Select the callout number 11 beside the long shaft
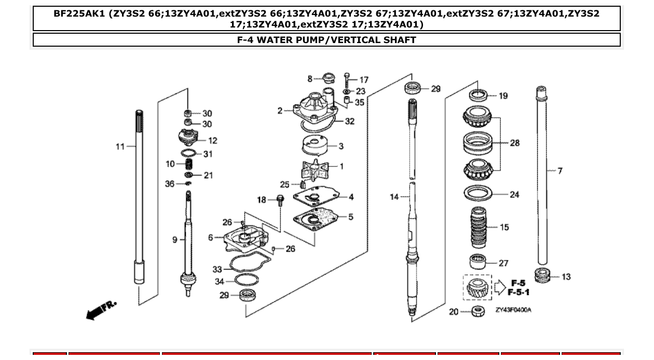click(x=120, y=147)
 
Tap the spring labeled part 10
click(x=189, y=165)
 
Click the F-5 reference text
click(x=518, y=283)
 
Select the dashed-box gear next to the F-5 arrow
click(x=477, y=287)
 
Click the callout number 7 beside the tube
click(x=560, y=171)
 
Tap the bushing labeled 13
click(x=542, y=275)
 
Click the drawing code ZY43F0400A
click(x=513, y=310)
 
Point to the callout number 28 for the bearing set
click(x=514, y=143)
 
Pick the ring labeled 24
click(x=478, y=194)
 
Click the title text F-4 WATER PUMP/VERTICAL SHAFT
click(x=326, y=39)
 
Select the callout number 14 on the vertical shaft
click(x=394, y=197)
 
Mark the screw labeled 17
click(x=347, y=79)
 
